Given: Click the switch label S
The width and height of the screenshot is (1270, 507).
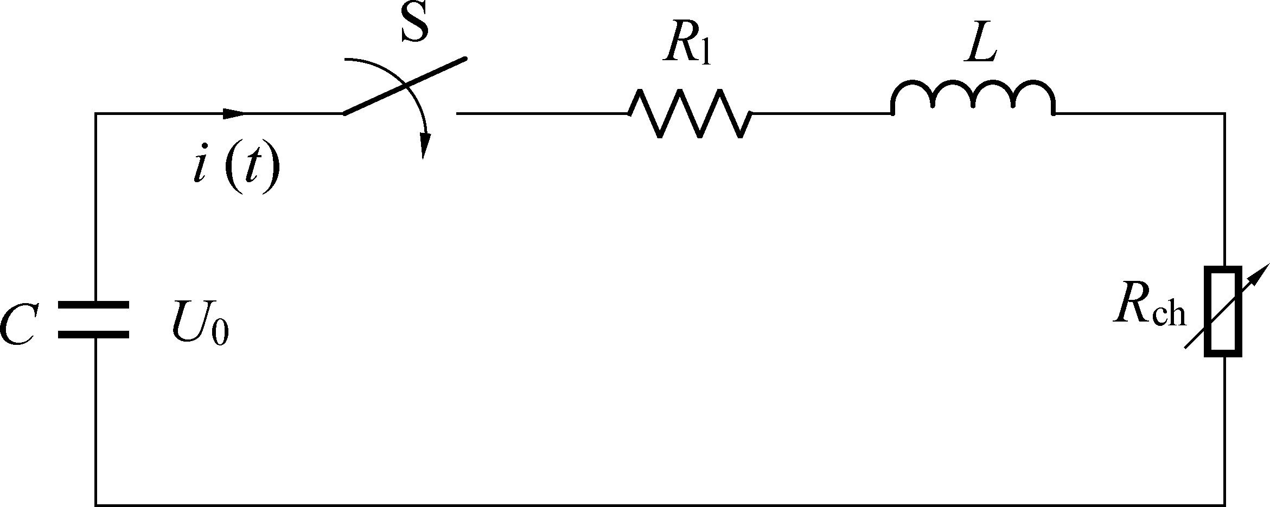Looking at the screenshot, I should coord(414,24).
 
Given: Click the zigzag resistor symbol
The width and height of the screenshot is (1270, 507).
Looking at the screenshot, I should coord(690,114).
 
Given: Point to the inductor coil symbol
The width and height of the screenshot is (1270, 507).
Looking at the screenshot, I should coord(973,98).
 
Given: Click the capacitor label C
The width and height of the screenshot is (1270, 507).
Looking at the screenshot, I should coord(18,325).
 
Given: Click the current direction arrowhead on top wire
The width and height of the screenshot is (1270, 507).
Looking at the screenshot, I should coord(234,113).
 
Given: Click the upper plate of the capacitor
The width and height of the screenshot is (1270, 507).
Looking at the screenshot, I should coord(93,305).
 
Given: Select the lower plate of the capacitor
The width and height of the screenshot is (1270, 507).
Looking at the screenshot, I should coord(93,334).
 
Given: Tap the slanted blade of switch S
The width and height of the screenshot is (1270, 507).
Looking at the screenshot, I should coord(405,86).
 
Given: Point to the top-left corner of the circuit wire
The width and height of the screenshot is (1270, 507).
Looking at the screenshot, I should coord(96,114).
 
